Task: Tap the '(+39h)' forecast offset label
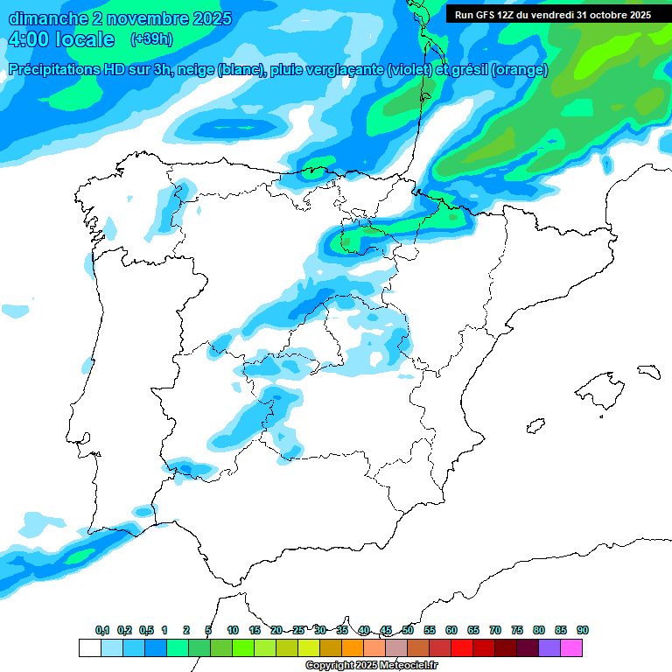coord(151,39)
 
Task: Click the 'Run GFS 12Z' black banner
coord(552,15)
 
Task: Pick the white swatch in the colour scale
coord(89,647)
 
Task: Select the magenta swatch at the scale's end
coord(571,647)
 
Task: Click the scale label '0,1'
coord(102,630)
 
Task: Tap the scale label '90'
coord(583,630)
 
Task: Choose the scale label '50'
coord(408,630)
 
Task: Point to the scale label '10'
coord(233,630)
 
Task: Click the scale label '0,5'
coord(146,630)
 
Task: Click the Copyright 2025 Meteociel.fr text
coord(371,666)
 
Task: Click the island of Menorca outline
coord(648,371)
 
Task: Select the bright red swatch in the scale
coord(462,647)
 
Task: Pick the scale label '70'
coord(495,630)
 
